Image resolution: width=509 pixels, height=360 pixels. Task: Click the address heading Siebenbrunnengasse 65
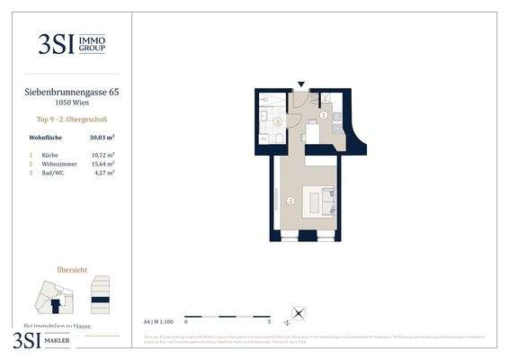(71, 91)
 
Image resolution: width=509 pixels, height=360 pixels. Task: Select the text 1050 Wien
(71, 103)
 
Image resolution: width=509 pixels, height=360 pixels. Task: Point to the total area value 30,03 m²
(102, 138)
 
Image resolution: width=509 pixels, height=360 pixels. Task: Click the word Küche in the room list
(49, 155)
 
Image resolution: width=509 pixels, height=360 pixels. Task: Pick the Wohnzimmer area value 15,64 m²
(102, 164)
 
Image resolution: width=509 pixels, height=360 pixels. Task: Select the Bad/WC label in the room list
(53, 173)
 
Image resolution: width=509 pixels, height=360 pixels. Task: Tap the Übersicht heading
(71, 269)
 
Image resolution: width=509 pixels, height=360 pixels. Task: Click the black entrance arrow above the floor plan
(301, 85)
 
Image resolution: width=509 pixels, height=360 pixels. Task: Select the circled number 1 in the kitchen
(324, 115)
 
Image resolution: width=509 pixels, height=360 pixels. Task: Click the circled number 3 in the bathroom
(278, 121)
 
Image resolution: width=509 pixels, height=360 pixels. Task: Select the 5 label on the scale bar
(269, 320)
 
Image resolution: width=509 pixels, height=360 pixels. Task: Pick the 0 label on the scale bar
(185, 320)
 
